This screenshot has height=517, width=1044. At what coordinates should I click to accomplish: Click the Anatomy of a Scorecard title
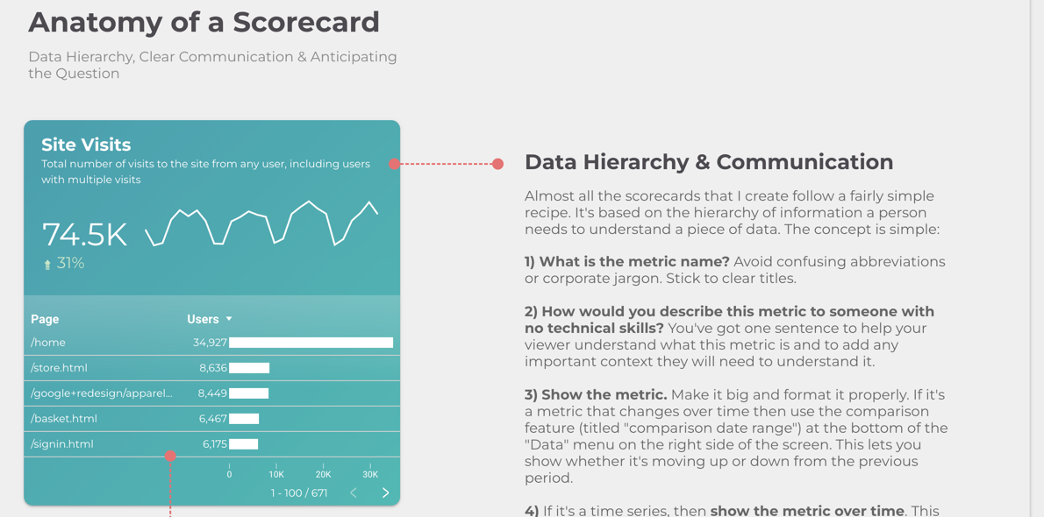[x=204, y=22]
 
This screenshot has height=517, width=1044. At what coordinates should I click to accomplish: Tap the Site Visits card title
[x=86, y=145]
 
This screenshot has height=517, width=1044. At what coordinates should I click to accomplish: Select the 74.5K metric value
[x=84, y=235]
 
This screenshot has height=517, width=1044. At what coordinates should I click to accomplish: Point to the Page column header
[x=45, y=319]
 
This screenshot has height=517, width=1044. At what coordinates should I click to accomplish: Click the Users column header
[x=203, y=319]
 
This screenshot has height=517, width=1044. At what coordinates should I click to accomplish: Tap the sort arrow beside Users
[x=229, y=319]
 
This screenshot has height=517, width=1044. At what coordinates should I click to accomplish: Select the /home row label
[x=48, y=343]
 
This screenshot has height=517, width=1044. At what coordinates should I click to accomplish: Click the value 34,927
[x=210, y=343]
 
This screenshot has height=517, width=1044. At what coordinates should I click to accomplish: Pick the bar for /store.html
[x=249, y=368]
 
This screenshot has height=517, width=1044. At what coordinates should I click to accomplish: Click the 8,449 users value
[x=212, y=393]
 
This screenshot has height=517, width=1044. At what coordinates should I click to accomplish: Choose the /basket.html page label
[x=64, y=419]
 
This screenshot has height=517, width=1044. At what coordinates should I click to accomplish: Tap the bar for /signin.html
[x=244, y=444]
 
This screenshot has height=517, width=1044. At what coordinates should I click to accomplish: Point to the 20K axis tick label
[x=323, y=474]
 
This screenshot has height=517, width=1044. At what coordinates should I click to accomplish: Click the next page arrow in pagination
[x=385, y=493]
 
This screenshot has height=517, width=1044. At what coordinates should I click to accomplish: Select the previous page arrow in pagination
[x=354, y=493]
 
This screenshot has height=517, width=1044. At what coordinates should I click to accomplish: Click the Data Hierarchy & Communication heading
[x=709, y=162]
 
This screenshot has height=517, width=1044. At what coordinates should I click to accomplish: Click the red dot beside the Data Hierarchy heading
[x=497, y=164]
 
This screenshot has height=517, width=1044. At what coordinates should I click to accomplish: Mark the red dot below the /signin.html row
[x=170, y=456]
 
